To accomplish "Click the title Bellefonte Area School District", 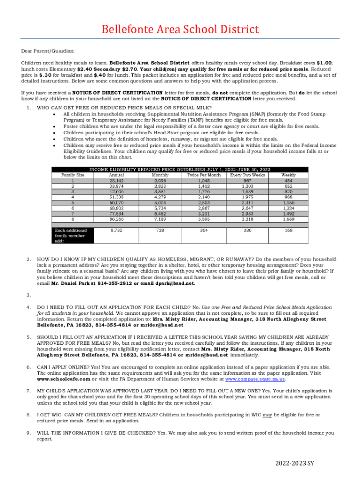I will [x=180, y=30].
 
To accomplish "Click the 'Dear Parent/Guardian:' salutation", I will [x=48, y=51].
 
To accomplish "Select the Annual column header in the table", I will [x=116, y=174].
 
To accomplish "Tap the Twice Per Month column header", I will [x=204, y=174].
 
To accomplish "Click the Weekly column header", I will [x=289, y=174].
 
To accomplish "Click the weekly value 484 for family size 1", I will [x=289, y=180].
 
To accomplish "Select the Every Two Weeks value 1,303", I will [x=247, y=186].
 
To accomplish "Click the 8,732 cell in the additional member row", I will [x=116, y=230].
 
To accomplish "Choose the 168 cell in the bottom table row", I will [x=289, y=230].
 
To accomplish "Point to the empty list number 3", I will [x=29, y=295].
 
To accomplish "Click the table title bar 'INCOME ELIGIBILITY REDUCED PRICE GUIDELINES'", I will [x=180, y=169].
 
